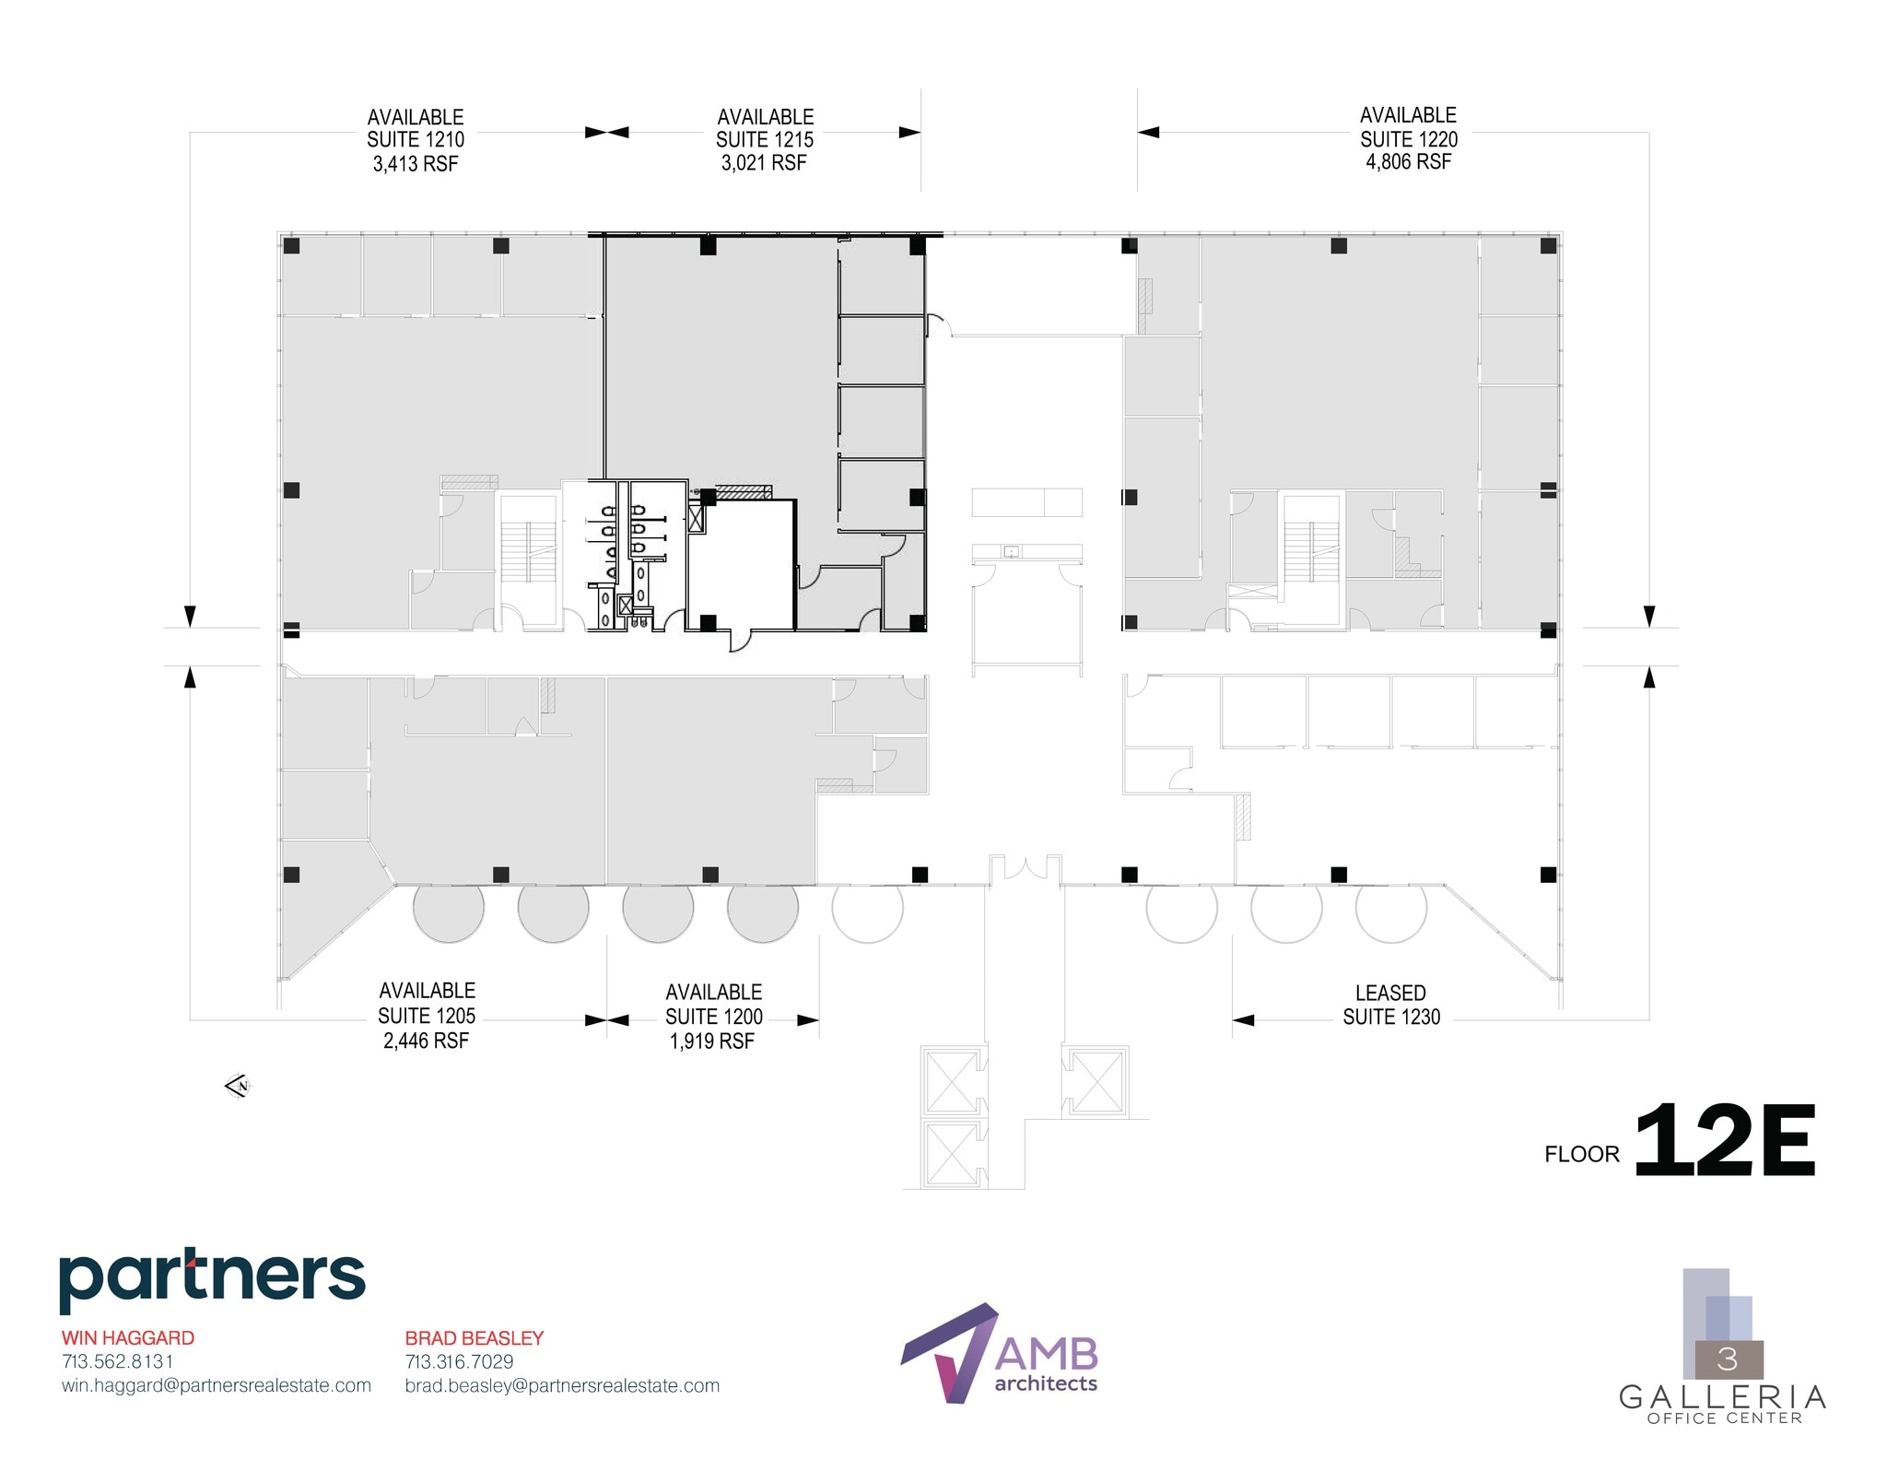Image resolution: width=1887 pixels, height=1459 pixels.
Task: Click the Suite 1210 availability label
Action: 416,139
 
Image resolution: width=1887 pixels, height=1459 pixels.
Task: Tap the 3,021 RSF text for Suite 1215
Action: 764,163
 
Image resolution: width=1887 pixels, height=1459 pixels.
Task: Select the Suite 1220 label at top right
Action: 1408,138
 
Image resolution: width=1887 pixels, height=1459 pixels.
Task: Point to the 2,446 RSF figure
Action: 426,1041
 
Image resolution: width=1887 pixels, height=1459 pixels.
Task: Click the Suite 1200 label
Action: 713,1016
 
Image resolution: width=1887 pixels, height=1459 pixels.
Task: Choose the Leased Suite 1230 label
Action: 1390,1006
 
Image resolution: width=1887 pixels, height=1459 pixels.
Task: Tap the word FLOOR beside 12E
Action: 1581,1154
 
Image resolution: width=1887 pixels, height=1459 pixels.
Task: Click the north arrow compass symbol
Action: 238,1087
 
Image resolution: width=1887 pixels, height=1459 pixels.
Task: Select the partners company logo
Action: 212,1278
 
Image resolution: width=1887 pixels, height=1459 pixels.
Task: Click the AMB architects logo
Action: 1000,1353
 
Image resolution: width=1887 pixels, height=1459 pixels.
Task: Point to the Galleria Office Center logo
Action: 1722,1347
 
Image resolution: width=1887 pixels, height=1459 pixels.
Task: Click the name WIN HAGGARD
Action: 128,1337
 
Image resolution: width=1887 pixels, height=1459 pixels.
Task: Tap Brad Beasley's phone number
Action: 459,1361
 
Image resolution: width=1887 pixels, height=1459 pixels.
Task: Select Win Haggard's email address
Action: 217,1385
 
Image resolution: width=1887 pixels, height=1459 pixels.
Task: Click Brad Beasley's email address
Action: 562,1385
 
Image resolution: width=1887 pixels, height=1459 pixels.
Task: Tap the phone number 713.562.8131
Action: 117,1361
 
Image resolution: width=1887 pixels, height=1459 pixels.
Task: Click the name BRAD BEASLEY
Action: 475,1337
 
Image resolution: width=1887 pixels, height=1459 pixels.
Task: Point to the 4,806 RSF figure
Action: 1408,162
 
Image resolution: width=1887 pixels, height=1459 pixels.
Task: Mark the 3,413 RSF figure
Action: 416,164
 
